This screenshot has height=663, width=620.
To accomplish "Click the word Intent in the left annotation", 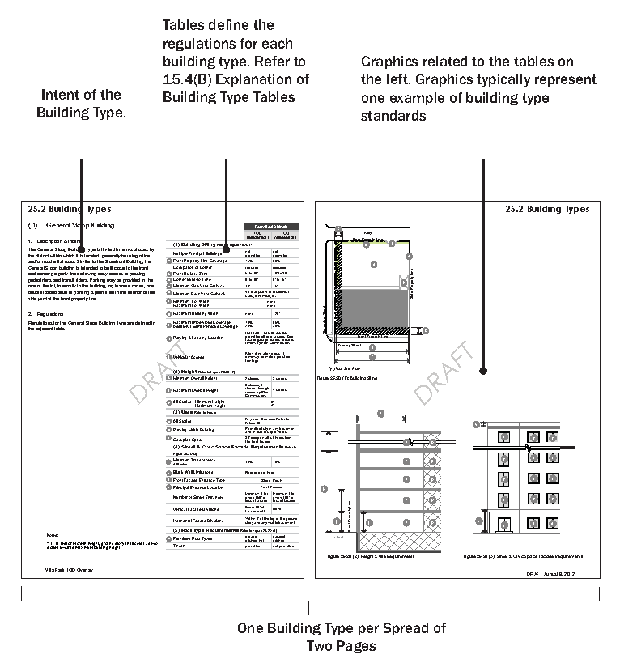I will pos(66,95).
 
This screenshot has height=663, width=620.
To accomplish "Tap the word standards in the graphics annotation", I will pos(393,116).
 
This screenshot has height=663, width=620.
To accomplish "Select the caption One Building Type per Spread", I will pos(341,628).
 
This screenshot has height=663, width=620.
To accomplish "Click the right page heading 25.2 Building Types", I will pos(547,209).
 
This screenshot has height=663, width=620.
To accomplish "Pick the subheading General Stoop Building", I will pos(80,224).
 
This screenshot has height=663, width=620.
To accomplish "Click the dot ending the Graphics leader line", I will pos(483,371).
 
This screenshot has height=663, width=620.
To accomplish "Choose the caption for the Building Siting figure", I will pos(355,377).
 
